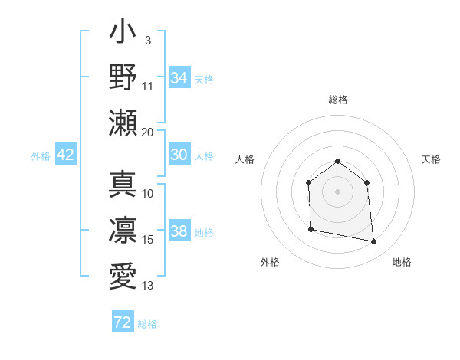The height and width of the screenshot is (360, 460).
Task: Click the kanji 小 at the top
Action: click(x=123, y=34)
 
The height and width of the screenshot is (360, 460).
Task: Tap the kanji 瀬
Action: click(x=123, y=122)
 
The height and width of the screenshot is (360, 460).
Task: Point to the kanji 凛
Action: click(x=123, y=230)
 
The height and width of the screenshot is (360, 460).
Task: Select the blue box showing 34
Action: click(x=179, y=78)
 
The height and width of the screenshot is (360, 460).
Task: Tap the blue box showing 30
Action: click(x=179, y=155)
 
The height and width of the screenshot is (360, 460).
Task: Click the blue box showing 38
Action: click(x=179, y=232)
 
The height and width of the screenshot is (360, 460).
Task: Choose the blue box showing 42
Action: click(x=66, y=155)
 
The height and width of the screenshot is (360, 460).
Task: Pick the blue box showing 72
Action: click(x=122, y=322)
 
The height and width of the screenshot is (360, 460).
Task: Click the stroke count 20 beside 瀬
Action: click(x=148, y=133)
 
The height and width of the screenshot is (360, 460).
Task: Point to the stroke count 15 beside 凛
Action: click(x=148, y=240)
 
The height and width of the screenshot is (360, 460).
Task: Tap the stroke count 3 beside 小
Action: click(x=147, y=40)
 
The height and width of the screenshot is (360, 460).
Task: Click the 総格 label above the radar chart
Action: click(x=337, y=100)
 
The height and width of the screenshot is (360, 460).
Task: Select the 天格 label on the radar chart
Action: click(x=431, y=159)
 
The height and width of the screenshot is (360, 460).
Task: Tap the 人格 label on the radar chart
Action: click(x=245, y=159)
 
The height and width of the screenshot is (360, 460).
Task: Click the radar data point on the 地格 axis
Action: click(x=374, y=242)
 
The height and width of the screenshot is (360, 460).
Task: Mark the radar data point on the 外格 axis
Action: click(x=310, y=229)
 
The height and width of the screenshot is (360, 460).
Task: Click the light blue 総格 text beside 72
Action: click(x=147, y=324)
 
